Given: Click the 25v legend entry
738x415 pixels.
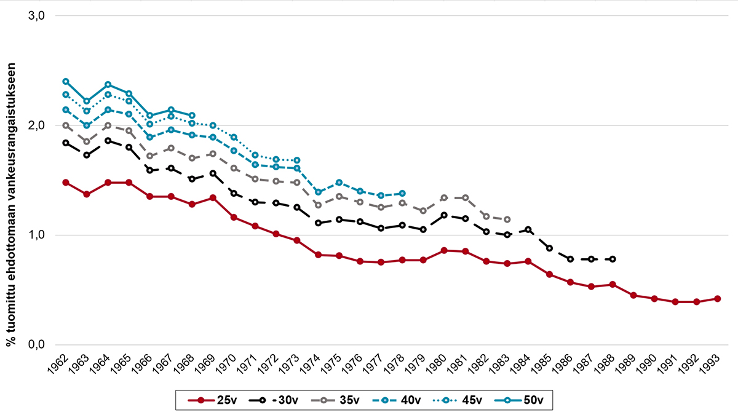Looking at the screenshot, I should click(212, 401).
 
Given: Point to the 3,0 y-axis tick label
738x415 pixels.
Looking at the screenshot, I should click(38, 16).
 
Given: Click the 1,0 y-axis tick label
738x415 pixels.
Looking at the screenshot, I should click(38, 235).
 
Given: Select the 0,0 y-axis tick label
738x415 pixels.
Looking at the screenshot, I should click(38, 345).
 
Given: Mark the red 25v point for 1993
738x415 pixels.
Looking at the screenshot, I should click(717, 299).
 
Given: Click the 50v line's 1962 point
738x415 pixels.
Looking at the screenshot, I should click(66, 81).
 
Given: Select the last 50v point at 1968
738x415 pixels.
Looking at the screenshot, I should click(192, 116).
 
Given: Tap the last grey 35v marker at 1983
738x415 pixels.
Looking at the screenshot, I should click(507, 219).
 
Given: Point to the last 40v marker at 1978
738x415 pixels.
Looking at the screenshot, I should click(402, 194).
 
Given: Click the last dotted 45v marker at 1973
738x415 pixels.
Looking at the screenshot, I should click(297, 160).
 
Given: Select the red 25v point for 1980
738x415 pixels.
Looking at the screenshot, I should click(444, 250).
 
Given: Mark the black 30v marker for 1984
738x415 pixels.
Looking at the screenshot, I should click(528, 229).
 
